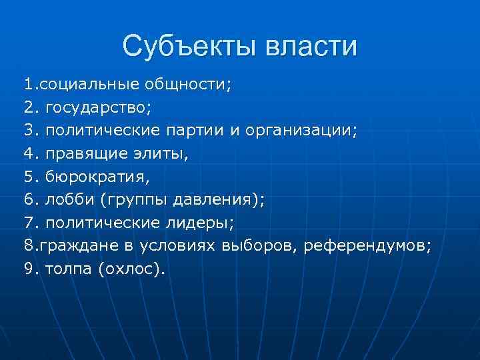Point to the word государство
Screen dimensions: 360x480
(x=105, y=107)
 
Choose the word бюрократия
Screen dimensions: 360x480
(x=97, y=177)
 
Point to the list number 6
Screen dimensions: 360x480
(x=29, y=200)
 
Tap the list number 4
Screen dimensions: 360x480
(x=29, y=153)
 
